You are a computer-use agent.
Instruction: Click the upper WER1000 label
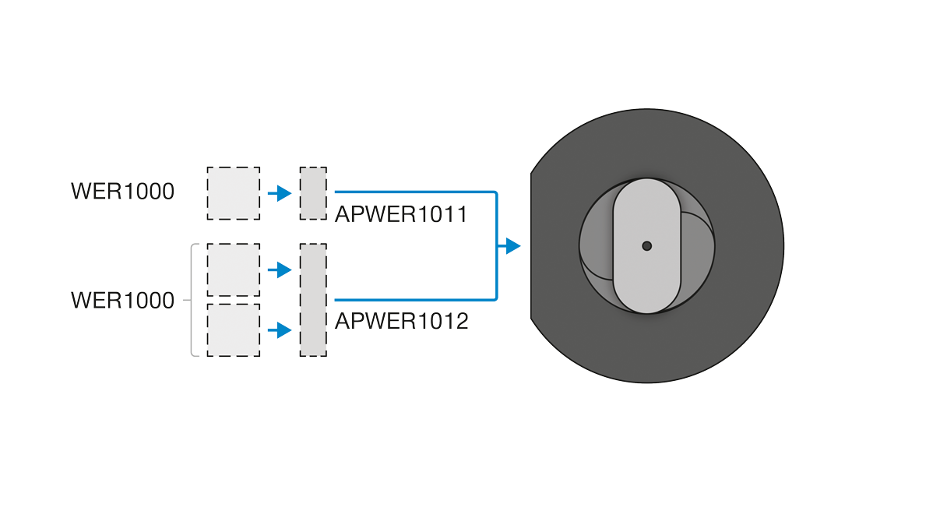(x=122, y=192)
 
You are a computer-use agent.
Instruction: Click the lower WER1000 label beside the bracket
(x=122, y=301)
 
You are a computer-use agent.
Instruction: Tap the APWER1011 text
(x=401, y=214)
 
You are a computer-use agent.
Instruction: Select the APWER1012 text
(x=402, y=322)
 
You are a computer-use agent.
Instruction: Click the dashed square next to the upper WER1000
(x=234, y=193)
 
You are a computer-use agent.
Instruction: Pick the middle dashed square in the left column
(x=234, y=270)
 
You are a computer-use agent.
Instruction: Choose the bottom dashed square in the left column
(x=234, y=330)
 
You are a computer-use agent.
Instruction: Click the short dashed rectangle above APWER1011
(x=313, y=193)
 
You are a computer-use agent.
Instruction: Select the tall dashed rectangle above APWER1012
(x=313, y=300)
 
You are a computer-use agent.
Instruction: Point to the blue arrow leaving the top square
(x=280, y=193)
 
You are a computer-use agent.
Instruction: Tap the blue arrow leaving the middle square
(x=280, y=270)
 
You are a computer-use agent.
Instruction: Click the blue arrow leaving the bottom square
(x=280, y=330)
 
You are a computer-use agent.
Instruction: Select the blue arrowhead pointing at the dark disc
(x=513, y=246)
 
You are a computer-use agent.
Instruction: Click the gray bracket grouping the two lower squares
(x=192, y=300)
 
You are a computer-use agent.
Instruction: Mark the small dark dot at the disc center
(x=647, y=246)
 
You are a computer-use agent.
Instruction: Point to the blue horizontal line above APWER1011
(x=415, y=192)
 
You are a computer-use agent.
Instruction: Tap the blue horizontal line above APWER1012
(x=415, y=299)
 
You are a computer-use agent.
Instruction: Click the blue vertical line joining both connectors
(x=496, y=246)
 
